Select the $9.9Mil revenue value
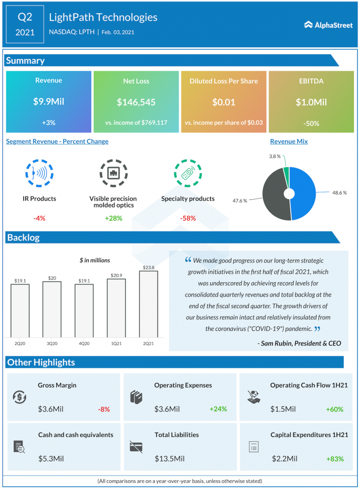click(48, 102)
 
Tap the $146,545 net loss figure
click(136, 102)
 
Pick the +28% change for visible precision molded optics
click(113, 218)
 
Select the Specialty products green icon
click(188, 173)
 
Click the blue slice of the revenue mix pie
click(303, 193)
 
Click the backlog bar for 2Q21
click(148, 304)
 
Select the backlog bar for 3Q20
click(52, 309)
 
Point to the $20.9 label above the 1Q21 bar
click(116, 275)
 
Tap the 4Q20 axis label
click(84, 343)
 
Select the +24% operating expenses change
click(218, 409)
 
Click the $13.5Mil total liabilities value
click(169, 459)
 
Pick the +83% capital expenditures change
click(335, 459)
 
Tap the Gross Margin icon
click(20, 397)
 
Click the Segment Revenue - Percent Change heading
click(57, 141)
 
